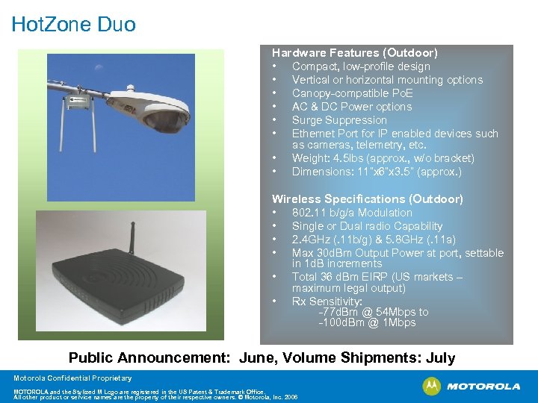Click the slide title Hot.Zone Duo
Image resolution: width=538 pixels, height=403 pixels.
click(73, 25)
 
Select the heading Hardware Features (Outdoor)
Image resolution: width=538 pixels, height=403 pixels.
click(354, 53)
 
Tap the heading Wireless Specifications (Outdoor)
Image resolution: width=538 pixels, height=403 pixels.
click(367, 199)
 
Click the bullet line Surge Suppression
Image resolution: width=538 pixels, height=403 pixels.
click(338, 120)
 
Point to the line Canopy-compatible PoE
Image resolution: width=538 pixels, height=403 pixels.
click(352, 93)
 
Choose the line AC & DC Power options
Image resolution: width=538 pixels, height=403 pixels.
click(351, 107)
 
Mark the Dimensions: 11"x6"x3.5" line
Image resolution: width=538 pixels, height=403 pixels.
click(376, 172)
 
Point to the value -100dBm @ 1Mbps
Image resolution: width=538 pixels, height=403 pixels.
click(366, 322)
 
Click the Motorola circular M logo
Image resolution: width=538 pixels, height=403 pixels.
click(431, 386)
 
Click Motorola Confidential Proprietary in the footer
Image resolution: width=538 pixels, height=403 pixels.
click(72, 378)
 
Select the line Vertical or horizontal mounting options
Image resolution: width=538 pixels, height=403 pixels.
click(387, 80)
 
